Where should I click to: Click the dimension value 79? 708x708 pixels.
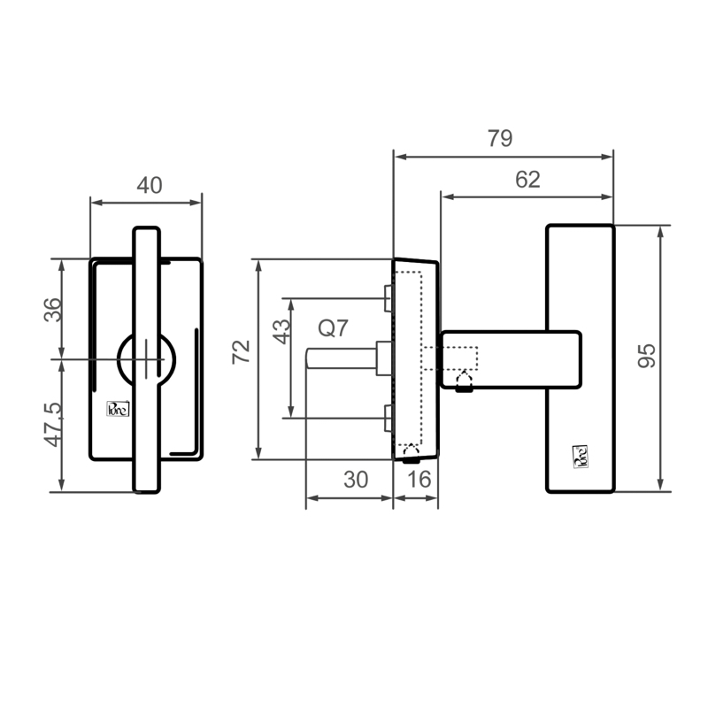[x=500, y=139]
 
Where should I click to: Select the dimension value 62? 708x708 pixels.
[x=527, y=180]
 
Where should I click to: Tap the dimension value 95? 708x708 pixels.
[x=647, y=356]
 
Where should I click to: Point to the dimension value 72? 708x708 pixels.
[x=241, y=351]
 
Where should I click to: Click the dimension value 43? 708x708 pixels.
[x=282, y=331]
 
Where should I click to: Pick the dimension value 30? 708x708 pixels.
[x=356, y=480]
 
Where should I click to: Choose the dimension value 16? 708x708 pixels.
[x=419, y=480]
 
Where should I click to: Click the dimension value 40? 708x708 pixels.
[x=150, y=186]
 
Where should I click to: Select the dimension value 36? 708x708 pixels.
[x=52, y=310]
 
